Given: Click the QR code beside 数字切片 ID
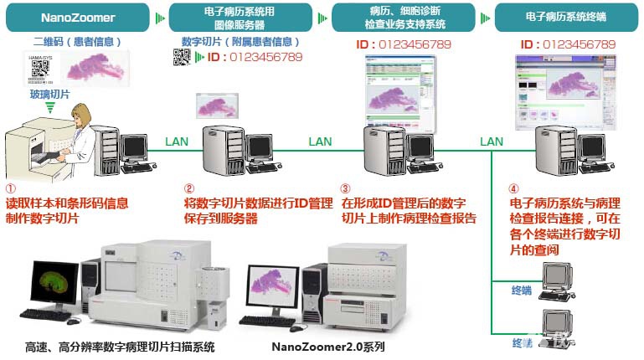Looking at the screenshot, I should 182,57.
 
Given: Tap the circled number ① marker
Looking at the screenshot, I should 10,189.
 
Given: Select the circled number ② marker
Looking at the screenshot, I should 189,189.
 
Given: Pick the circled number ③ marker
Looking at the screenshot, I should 346,189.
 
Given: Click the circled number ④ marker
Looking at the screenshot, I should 514,189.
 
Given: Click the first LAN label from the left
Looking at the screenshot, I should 176,141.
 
